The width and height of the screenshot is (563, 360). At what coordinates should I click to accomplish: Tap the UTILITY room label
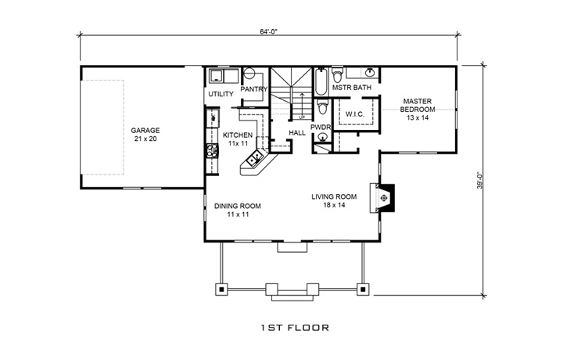(221, 95)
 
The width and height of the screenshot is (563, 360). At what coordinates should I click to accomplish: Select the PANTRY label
(255, 89)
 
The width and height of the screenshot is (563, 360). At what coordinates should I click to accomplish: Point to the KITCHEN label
(238, 135)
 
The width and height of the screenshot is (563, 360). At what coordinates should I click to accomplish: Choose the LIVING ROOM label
(335, 197)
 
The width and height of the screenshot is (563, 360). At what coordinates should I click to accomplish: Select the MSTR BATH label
(351, 88)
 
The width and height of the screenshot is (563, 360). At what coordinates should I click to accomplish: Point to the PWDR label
(321, 126)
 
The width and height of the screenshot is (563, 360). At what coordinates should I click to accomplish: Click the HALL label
(297, 133)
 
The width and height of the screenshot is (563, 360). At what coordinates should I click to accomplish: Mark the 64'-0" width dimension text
(271, 32)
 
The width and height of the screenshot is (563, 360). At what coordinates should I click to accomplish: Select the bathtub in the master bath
(321, 81)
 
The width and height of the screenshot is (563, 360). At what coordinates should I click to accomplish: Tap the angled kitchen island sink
(256, 160)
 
